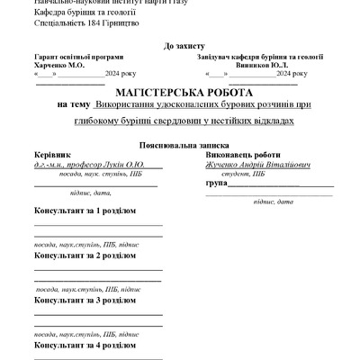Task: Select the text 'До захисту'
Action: [184, 44]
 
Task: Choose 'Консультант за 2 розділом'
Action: [85, 256]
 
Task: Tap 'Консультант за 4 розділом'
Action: [85, 344]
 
